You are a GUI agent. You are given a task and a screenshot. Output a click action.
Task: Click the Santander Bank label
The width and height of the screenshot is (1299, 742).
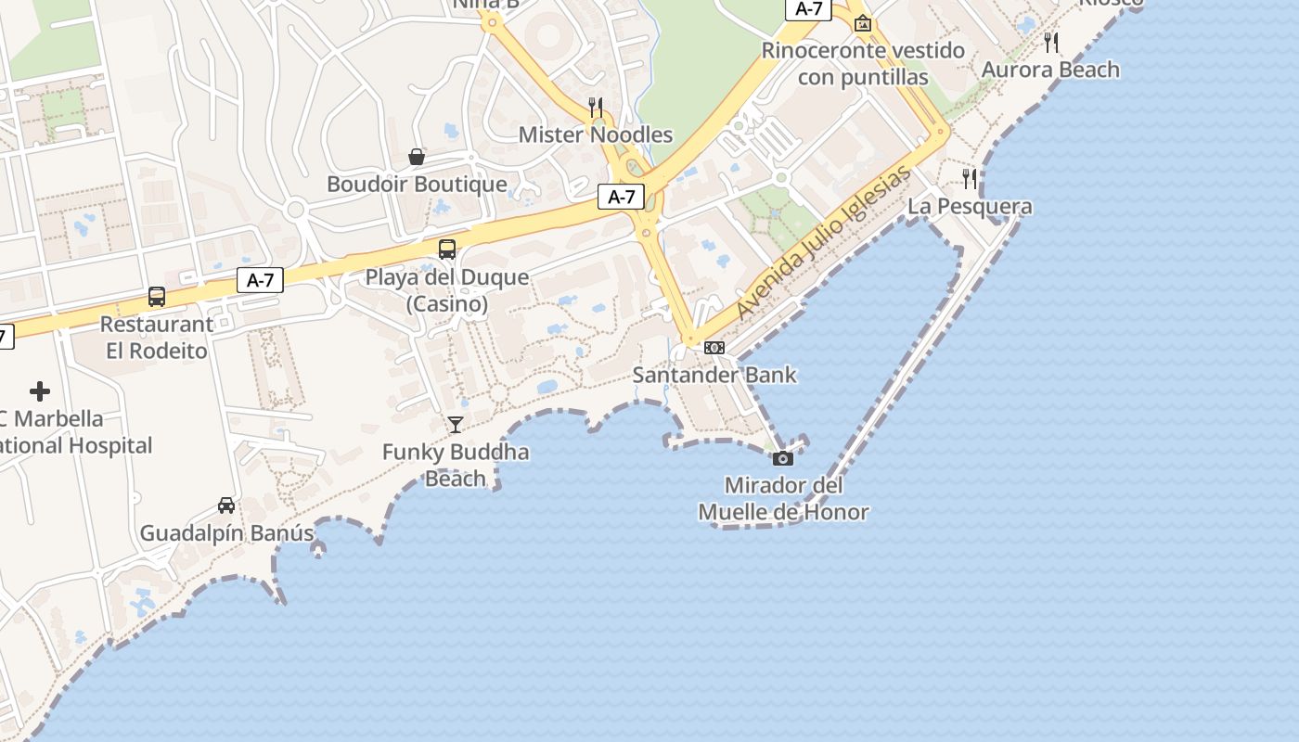tap(714, 375)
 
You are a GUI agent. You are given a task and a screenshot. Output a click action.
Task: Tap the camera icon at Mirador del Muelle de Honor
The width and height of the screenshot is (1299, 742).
tap(783, 458)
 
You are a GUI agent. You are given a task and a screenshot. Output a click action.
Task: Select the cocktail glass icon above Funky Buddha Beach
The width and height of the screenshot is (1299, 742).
tap(455, 425)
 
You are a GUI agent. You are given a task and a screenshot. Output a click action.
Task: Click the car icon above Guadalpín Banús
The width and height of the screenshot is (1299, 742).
tap(226, 505)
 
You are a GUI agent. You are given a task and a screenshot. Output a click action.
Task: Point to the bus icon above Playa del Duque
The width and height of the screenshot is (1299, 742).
tap(447, 249)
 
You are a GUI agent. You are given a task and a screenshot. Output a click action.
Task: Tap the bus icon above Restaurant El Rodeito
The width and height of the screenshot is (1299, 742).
tap(157, 297)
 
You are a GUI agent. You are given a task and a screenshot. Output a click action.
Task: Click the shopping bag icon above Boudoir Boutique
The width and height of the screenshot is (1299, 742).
tap(417, 157)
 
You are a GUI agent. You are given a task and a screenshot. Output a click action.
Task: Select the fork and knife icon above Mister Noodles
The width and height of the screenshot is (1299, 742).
tap(596, 107)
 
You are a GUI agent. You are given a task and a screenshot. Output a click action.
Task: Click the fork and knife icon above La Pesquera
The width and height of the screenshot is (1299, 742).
tap(970, 178)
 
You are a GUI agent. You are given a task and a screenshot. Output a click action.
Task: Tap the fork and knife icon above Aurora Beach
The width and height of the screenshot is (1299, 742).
tap(1050, 42)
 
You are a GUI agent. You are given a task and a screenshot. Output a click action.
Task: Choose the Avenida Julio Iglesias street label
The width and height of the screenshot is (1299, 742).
tap(825, 242)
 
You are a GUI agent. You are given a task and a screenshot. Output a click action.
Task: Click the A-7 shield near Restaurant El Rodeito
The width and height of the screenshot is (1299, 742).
tap(260, 280)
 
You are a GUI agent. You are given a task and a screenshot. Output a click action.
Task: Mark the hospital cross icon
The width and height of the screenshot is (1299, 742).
tap(40, 391)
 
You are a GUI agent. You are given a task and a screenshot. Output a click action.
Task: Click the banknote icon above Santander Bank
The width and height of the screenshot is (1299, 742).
tap(714, 347)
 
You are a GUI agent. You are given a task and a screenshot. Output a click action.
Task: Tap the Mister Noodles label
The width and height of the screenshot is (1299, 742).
tap(596, 134)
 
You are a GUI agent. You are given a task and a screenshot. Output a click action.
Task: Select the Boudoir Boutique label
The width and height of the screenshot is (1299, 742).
tap(417, 184)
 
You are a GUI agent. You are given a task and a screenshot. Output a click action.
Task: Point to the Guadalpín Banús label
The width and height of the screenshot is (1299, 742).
tap(226, 533)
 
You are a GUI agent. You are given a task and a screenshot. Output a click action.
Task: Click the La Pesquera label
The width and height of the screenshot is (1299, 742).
tap(970, 206)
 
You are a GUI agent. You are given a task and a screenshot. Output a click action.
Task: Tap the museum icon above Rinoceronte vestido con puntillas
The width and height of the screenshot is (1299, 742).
tap(863, 23)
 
